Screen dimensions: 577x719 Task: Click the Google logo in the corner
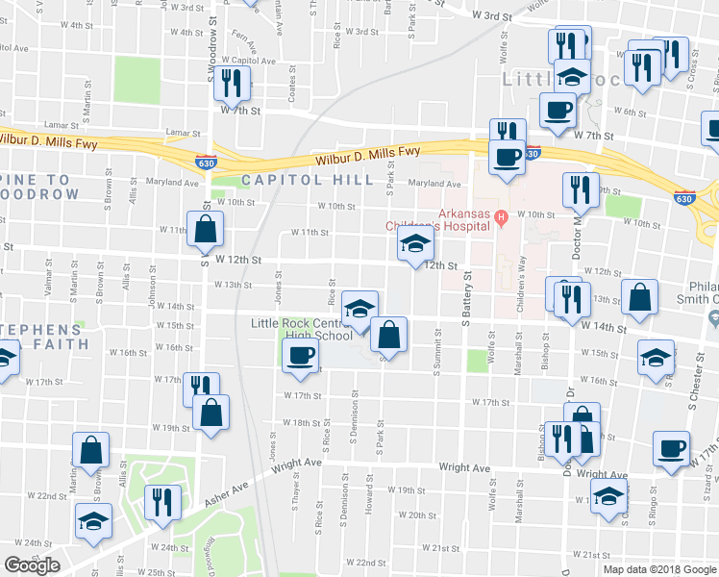[x=32, y=565]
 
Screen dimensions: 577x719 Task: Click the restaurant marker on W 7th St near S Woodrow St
[x=231, y=84]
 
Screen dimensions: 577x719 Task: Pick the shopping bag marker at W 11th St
[x=205, y=229]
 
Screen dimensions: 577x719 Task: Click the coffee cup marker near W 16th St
[x=300, y=355]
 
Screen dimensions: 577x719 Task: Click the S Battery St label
[x=468, y=297]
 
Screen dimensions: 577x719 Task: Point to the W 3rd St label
[x=496, y=15]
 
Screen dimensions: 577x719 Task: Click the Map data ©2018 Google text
[x=659, y=568]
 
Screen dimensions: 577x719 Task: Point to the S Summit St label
[x=438, y=348]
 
